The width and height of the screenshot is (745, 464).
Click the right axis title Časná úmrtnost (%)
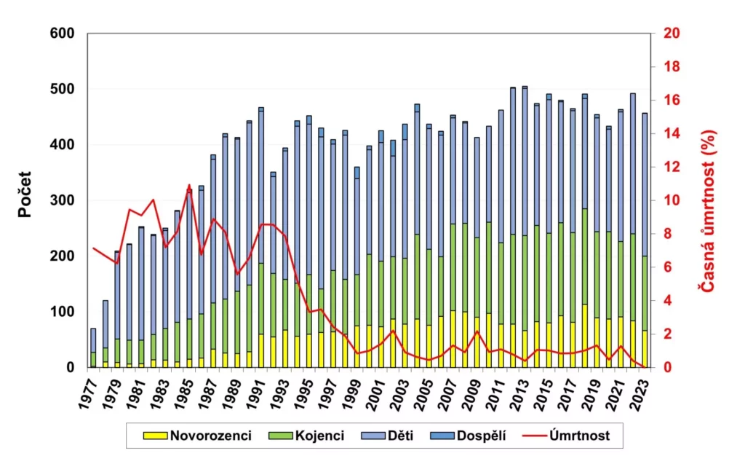tap(706, 211)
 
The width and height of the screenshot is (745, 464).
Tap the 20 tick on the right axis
tap(672, 34)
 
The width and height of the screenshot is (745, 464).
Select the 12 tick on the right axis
tap(672, 167)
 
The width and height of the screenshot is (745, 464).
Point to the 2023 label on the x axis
tap(640, 394)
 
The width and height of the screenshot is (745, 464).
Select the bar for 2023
tap(645, 240)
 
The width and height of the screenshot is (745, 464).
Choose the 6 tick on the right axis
tap(669, 267)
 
